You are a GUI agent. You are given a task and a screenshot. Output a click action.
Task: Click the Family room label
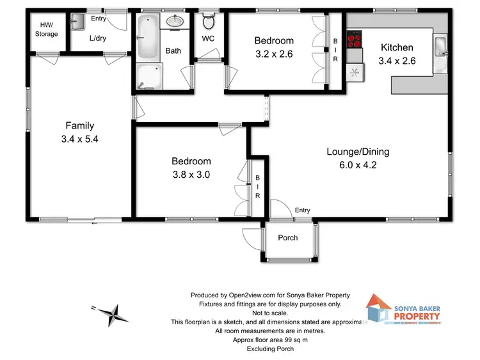point(79,126)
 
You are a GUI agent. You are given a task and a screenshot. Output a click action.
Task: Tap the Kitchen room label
point(397,47)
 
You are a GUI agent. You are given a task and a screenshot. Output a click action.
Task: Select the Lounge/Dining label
point(358,152)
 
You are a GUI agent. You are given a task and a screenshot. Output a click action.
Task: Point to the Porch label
point(287,238)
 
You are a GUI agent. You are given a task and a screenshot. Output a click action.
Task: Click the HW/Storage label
point(47,29)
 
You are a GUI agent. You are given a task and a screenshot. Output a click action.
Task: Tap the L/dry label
point(98,38)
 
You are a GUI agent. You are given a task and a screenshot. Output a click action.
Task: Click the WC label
point(209,39)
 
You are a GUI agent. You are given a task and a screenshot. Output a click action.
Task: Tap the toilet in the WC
point(208,22)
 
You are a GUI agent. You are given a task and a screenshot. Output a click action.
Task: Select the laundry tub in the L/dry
point(77,22)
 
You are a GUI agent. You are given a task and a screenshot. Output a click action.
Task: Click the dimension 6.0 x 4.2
point(358,165)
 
